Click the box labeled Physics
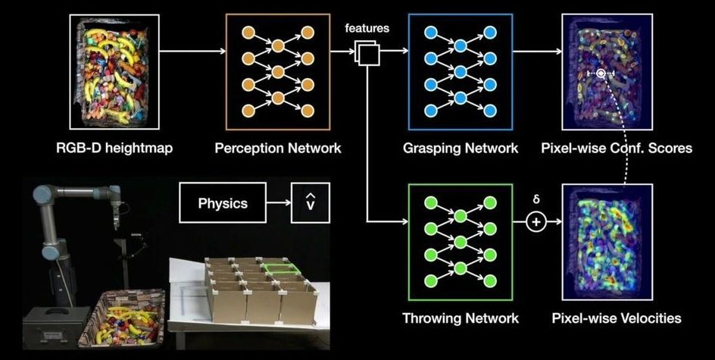pos(223,204)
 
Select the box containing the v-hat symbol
pos(310,204)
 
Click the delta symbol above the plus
pos(536,201)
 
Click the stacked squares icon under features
pos(366,53)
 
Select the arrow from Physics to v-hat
pos(279,204)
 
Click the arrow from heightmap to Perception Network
pos(192,52)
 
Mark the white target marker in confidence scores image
pos(600,74)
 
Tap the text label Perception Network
pos(277,148)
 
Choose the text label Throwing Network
pos(461,318)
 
